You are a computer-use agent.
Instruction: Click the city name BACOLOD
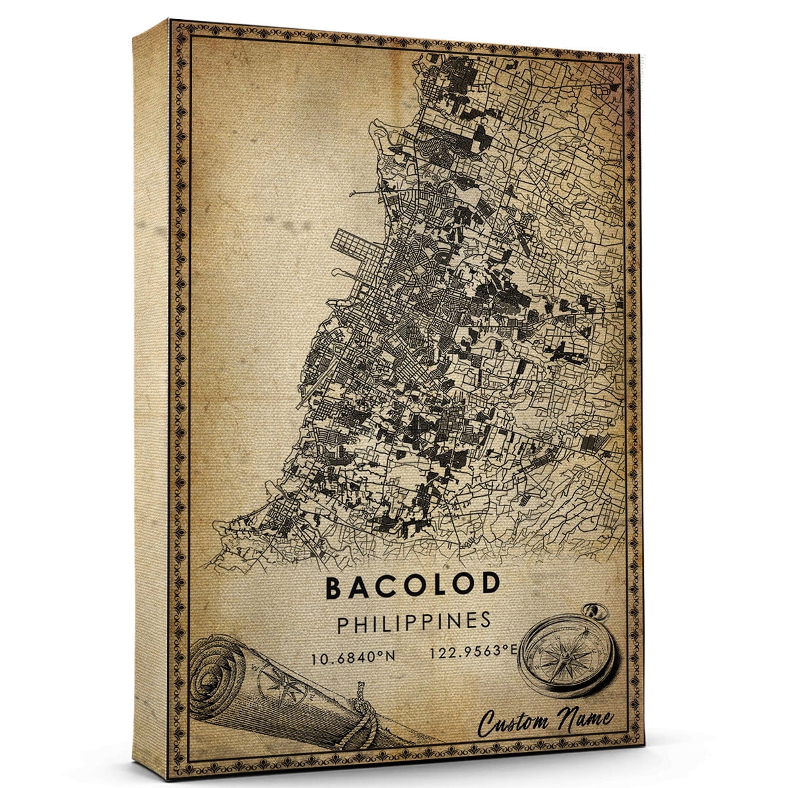pyautogui.click(x=412, y=588)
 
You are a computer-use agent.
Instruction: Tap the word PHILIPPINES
pyautogui.click(x=414, y=623)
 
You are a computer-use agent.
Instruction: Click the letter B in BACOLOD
pyautogui.click(x=334, y=588)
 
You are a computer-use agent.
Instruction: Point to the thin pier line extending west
pyautogui.click(x=368, y=194)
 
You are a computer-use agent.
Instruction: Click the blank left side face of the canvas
pyautogui.click(x=151, y=394)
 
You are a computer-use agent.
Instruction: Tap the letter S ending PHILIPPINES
pyautogui.click(x=485, y=621)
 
